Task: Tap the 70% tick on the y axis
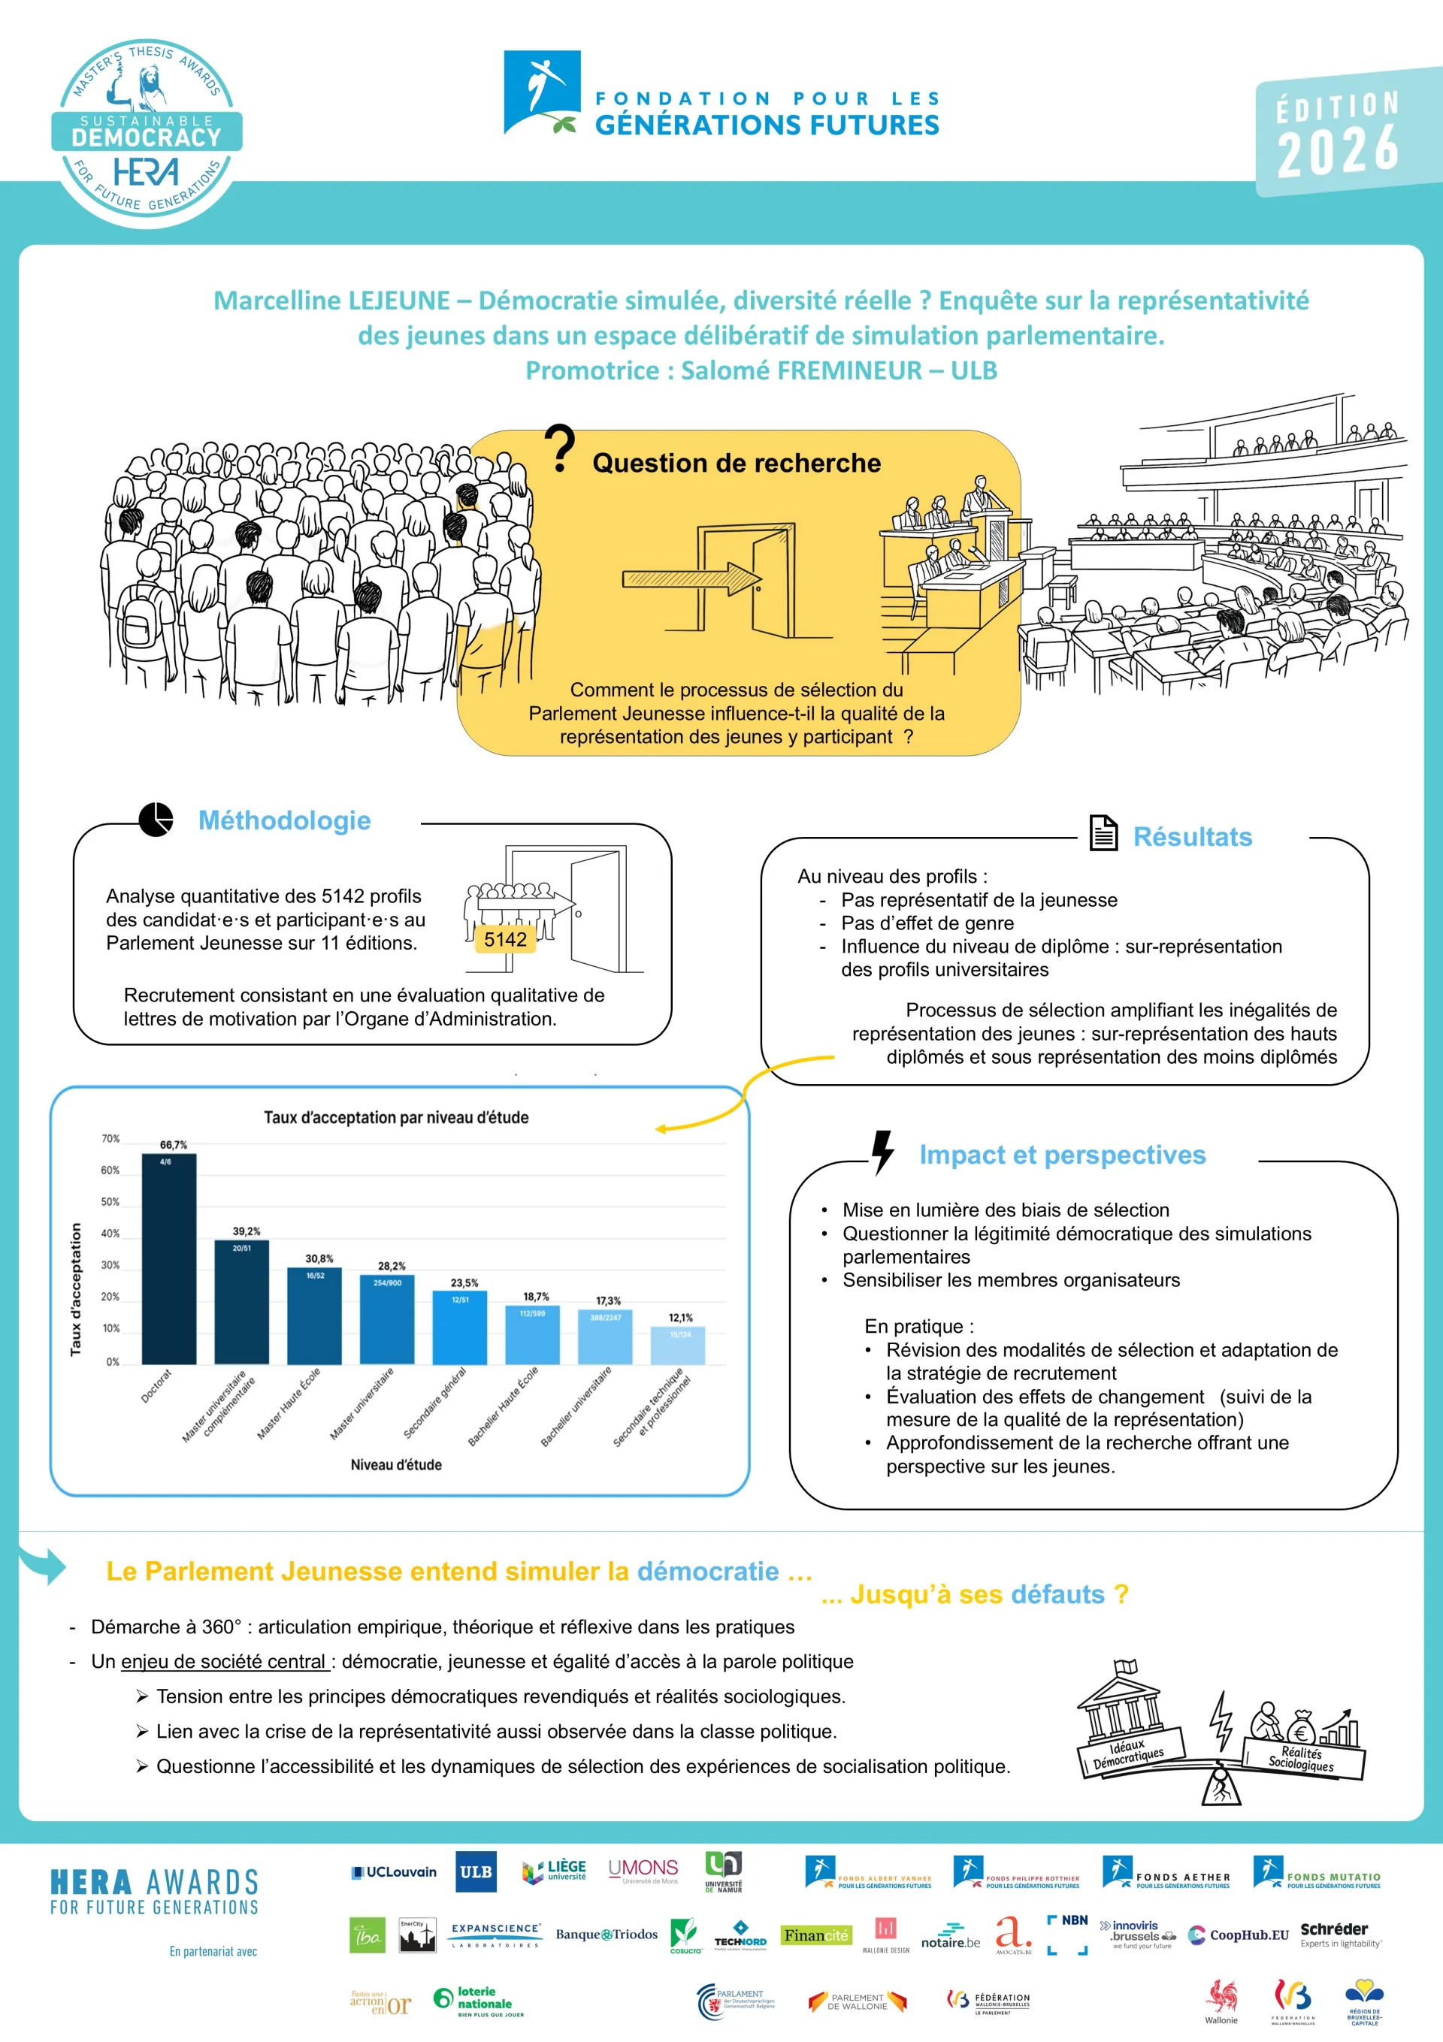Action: [x=110, y=1138]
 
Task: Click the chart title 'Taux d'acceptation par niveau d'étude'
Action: [x=396, y=1117]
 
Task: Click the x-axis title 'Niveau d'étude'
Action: [x=396, y=1465]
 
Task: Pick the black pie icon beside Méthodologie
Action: [x=156, y=819]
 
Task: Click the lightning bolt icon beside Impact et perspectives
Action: [x=882, y=1152]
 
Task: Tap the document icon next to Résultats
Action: [x=1103, y=833]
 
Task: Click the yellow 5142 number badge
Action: [x=505, y=940]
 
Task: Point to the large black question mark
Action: [x=560, y=449]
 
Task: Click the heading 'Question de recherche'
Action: [x=737, y=464]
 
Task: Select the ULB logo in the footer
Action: [x=476, y=1871]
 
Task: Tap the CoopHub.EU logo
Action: [x=1239, y=1935]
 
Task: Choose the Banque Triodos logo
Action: [x=607, y=1935]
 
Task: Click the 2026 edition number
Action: [x=1337, y=150]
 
